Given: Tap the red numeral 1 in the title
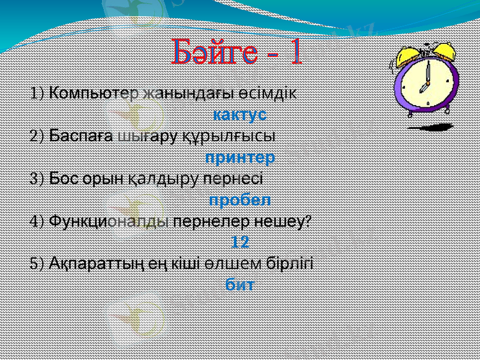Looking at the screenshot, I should [295, 53].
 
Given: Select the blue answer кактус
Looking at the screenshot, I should [240, 113].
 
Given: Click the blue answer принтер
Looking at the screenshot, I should [240, 158].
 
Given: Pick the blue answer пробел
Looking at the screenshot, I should [240, 199].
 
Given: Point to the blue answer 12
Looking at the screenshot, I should [240, 242].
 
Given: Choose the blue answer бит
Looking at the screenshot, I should [239, 284].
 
